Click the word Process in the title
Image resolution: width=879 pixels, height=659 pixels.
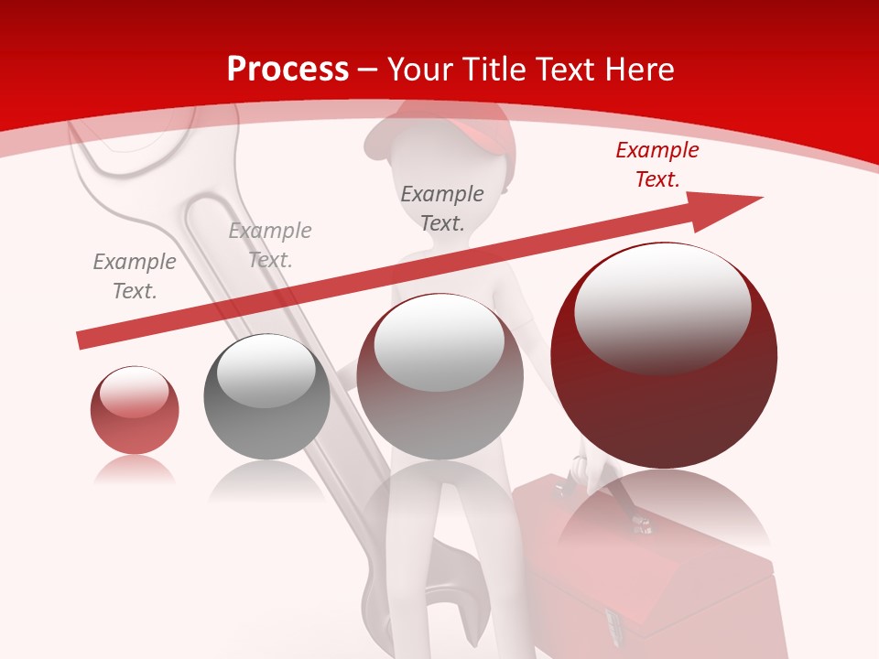288,69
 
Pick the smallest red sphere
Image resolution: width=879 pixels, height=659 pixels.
135,410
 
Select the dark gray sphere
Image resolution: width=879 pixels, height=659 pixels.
266,396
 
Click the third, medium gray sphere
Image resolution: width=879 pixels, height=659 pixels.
439,376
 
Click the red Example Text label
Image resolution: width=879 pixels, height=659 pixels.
657,165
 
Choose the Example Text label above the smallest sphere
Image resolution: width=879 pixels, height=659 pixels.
135,275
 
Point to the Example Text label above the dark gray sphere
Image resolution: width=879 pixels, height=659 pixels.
270,244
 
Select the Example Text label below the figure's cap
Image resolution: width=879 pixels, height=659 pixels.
442,208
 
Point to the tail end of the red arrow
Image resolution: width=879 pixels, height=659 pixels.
84,340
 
